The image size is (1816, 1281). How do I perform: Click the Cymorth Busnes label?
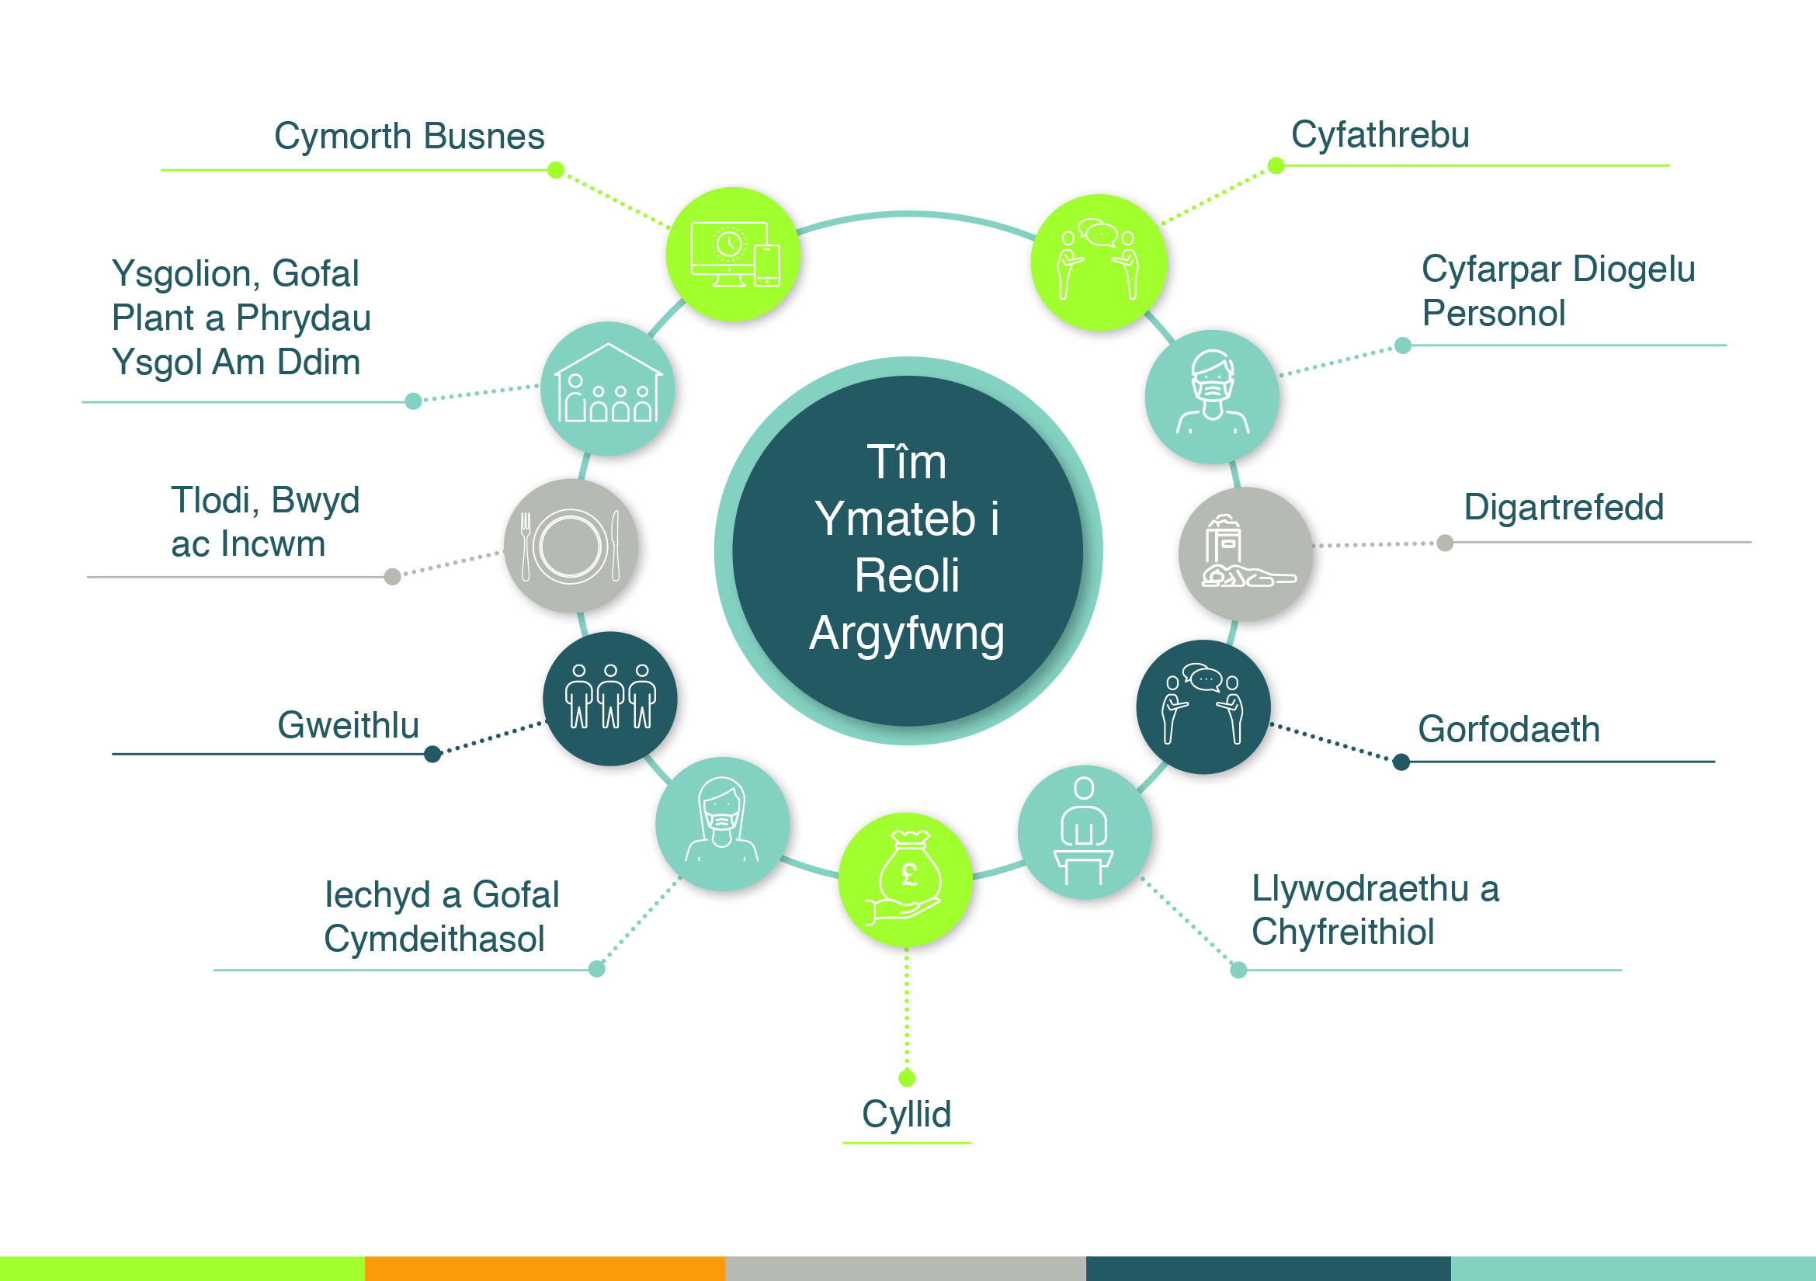409,136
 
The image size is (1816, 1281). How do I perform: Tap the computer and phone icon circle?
732,255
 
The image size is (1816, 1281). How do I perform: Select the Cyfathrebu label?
1380,135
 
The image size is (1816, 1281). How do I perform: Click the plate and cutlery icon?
571,546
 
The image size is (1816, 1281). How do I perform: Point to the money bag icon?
905,880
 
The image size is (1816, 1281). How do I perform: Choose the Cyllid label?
906,1115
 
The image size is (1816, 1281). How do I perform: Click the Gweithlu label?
348,725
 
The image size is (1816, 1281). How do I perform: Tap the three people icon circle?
609,699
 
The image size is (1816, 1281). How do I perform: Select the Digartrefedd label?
1564,507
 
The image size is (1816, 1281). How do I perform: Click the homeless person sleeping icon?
1245,554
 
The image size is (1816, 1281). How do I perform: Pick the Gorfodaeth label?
1509,729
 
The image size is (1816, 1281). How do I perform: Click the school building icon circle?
607,388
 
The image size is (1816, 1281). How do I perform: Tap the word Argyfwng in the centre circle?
907,634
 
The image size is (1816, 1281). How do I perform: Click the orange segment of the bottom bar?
545,1269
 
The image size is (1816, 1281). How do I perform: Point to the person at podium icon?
1085,831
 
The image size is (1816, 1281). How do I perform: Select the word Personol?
1493,313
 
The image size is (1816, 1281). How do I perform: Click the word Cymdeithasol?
434,939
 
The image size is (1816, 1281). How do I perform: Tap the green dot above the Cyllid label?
907,1078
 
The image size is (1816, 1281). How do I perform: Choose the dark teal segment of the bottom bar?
1269,1269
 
